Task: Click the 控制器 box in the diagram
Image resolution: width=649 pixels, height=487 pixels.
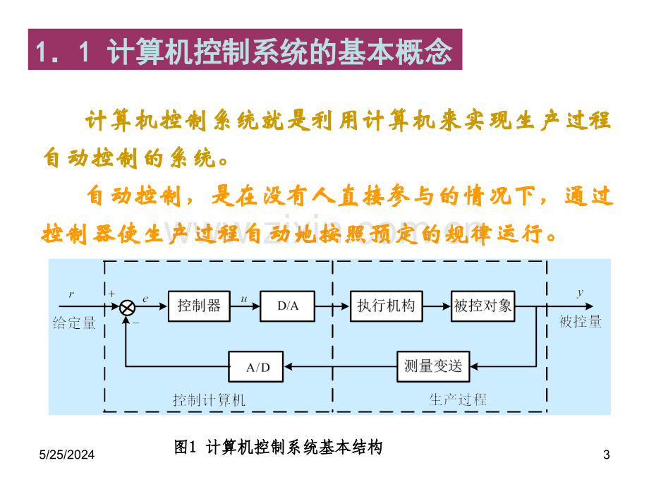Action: point(199,306)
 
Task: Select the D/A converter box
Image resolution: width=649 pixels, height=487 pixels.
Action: point(287,306)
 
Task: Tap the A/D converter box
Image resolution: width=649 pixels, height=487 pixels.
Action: point(256,366)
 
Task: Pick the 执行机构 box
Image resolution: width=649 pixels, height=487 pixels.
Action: point(386,306)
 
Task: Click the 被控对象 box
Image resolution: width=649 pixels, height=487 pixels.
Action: point(483,306)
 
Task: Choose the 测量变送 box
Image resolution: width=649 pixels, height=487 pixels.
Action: point(433,366)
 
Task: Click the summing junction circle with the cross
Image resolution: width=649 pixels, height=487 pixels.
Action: point(127,308)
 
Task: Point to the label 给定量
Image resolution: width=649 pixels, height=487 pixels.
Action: point(75,323)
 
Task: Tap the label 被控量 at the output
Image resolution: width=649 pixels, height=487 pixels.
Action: point(581,321)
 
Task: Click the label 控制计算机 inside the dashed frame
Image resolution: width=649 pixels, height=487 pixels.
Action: point(209,400)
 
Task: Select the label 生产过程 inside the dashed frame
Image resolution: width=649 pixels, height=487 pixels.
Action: point(458,399)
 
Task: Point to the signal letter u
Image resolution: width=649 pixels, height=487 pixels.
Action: point(244,299)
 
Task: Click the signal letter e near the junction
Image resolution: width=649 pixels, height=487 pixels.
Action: point(145,299)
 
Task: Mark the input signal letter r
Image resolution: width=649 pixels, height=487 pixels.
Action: point(71,294)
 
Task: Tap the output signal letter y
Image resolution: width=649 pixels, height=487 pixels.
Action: point(581,293)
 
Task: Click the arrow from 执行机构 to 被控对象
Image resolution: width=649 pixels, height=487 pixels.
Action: point(437,306)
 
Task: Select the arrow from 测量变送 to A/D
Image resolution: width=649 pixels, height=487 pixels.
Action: point(340,366)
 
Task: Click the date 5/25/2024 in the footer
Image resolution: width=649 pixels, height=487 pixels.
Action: point(66,455)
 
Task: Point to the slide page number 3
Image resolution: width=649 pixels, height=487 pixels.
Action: point(607,455)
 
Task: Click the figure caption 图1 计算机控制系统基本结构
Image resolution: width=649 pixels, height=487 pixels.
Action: point(278,447)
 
